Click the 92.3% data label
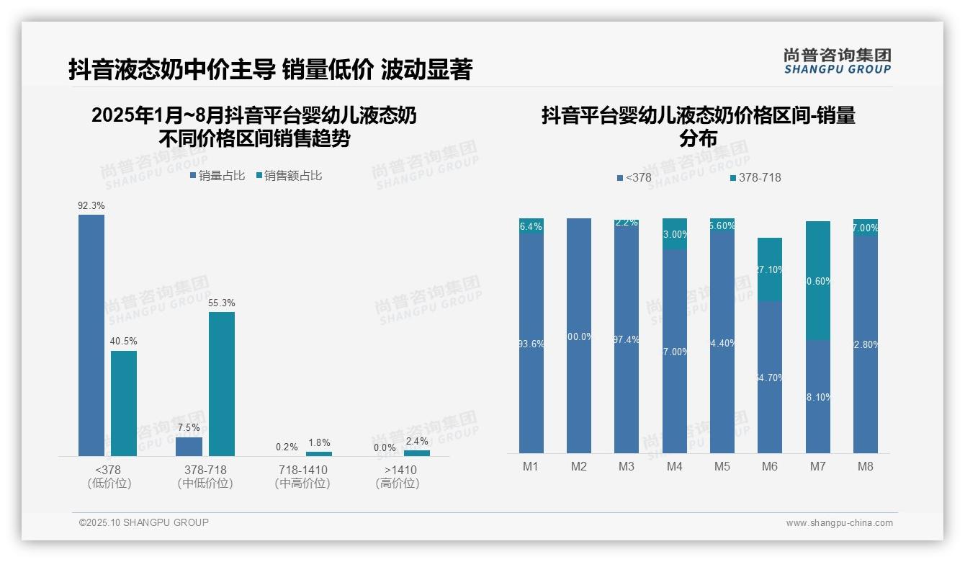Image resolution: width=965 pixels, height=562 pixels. point(91,205)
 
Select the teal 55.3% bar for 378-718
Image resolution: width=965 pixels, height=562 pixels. point(222,383)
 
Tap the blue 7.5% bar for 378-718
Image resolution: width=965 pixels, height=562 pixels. point(189,446)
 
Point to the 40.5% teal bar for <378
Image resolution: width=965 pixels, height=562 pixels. point(124,403)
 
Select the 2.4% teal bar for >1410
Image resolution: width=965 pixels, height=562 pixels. point(417,453)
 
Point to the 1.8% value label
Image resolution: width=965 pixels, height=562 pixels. point(319,443)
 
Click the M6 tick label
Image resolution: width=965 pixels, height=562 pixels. point(770,467)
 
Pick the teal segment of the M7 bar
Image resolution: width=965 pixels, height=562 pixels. point(817,280)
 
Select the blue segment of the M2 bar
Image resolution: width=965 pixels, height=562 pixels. point(579,336)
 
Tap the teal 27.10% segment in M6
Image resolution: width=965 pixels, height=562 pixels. point(770,269)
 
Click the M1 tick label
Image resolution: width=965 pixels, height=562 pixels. point(531,467)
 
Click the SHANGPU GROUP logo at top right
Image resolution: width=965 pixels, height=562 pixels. point(837,61)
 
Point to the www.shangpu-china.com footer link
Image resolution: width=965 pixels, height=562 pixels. point(839,523)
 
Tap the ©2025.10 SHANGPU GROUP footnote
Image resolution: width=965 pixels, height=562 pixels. point(144,523)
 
